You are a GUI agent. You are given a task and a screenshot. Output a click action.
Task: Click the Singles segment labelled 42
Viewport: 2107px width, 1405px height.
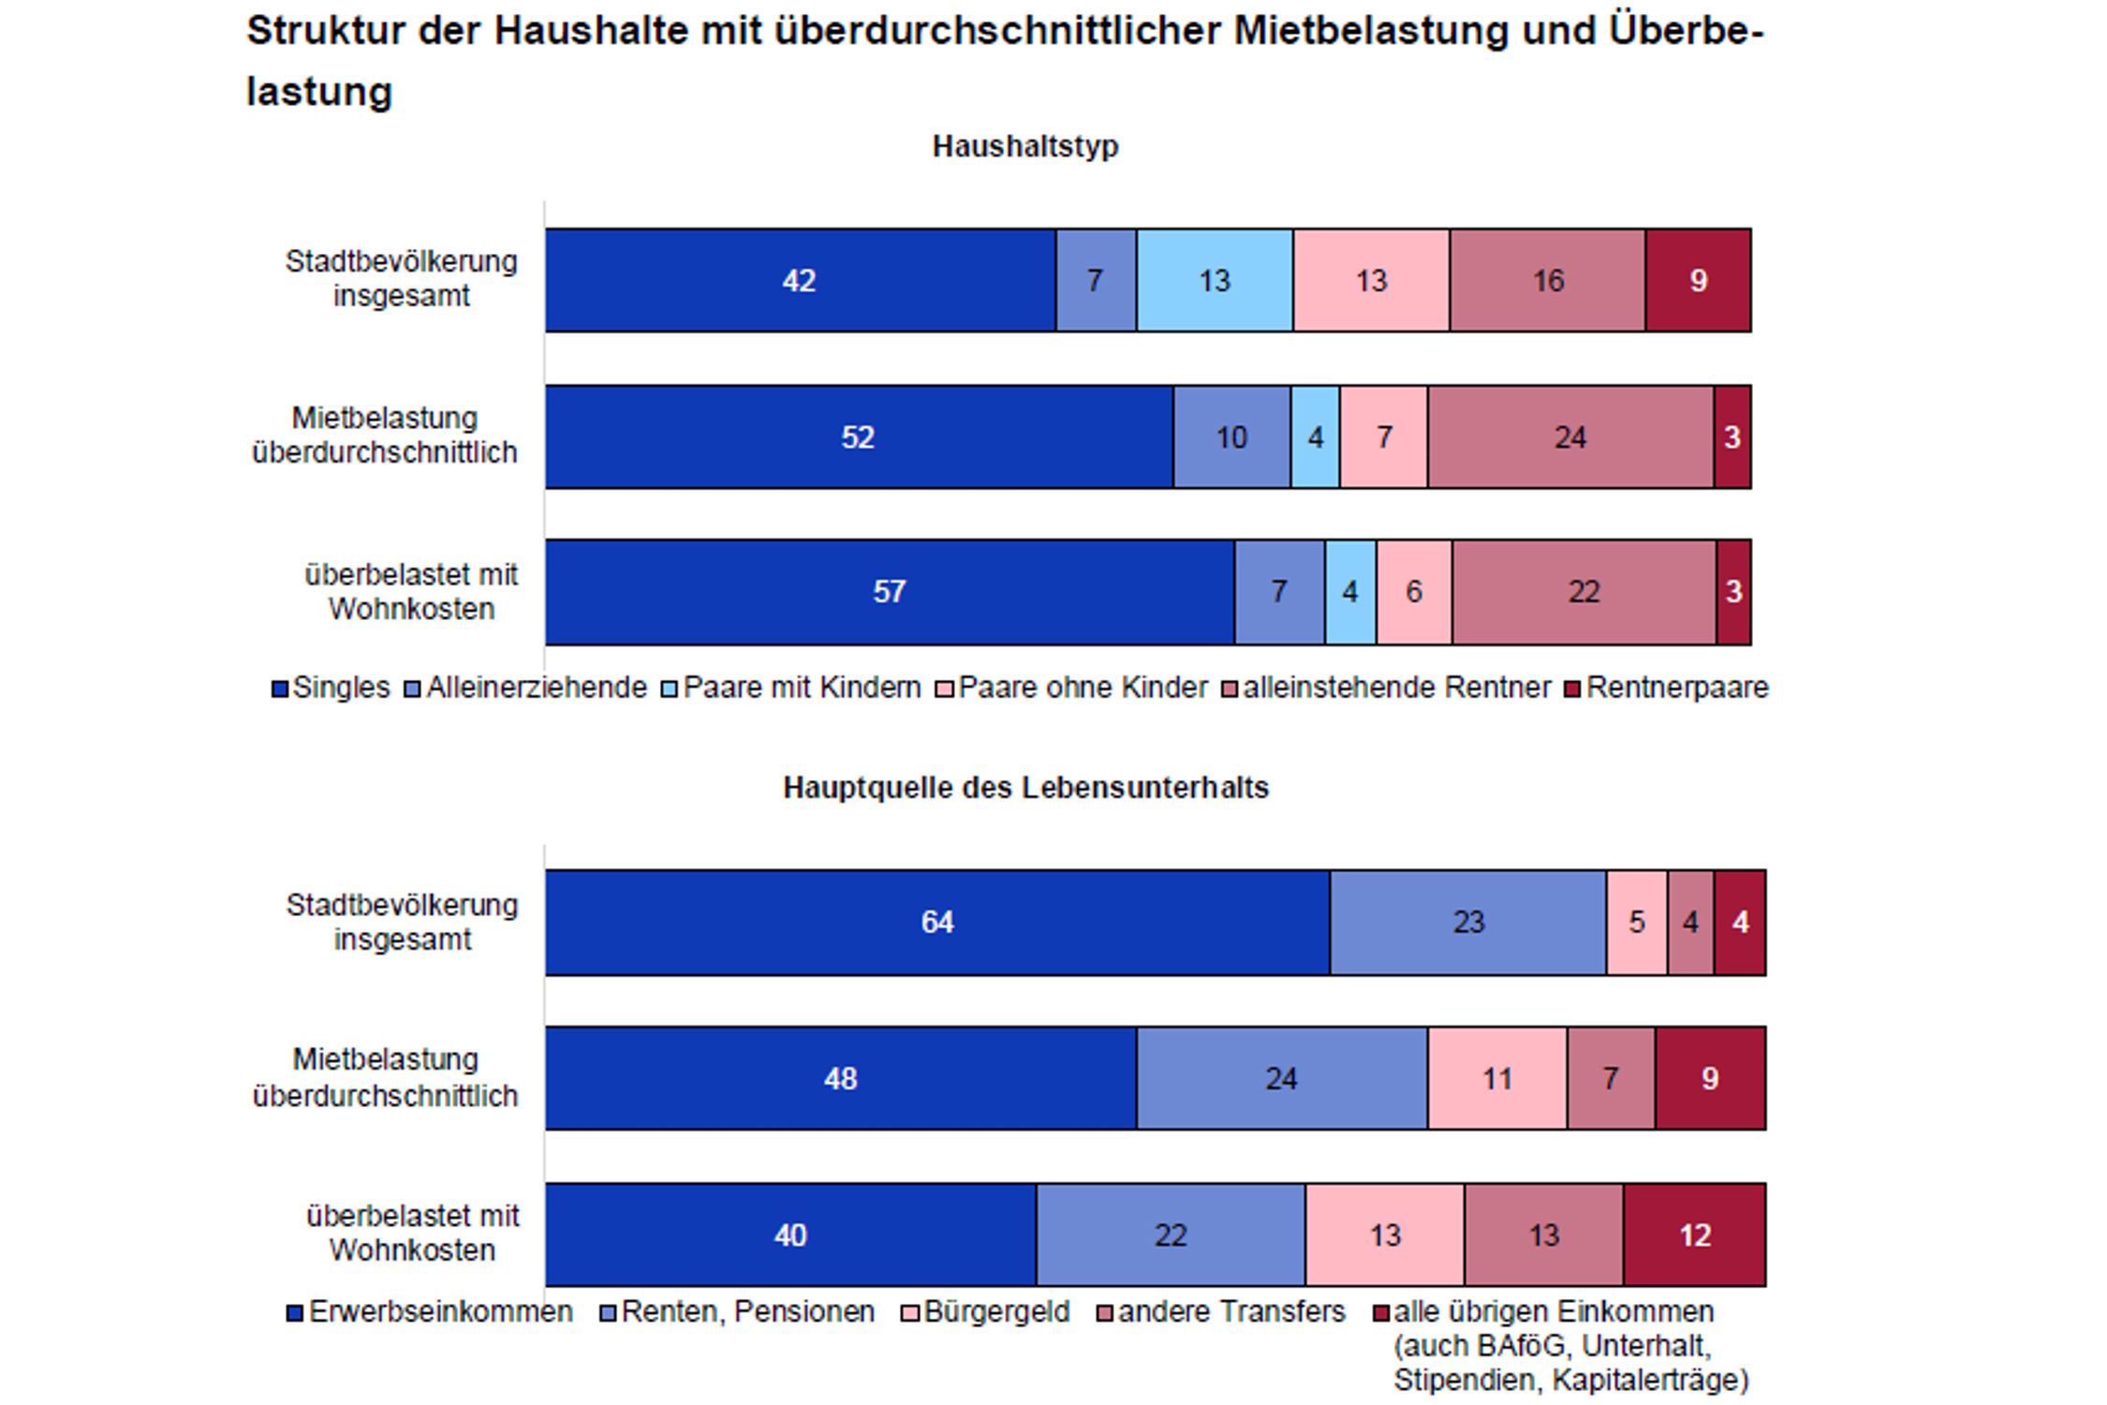point(800,280)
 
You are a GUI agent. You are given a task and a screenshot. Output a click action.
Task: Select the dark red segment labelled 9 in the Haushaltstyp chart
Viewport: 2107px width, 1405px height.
point(1698,280)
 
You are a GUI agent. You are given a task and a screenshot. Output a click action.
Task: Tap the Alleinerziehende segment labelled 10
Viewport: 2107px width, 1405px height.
point(1231,436)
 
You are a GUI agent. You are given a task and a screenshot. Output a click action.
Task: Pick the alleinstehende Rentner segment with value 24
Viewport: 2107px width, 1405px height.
point(1570,436)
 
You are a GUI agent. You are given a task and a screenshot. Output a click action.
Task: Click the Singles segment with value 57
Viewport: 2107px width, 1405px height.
point(889,592)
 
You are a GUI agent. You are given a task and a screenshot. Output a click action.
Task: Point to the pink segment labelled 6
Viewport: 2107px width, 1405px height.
point(1414,592)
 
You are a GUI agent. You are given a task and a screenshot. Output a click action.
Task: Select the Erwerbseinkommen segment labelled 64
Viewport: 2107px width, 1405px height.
point(936,923)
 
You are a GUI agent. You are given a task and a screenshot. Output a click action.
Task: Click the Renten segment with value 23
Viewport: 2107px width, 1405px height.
point(1467,923)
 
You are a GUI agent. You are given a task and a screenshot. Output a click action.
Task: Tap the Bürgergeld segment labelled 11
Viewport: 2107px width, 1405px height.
point(1496,1078)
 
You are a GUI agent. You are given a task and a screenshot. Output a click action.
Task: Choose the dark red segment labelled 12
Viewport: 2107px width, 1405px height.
point(1694,1235)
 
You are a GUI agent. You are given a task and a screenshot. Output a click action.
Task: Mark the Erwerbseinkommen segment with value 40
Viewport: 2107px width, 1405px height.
point(790,1235)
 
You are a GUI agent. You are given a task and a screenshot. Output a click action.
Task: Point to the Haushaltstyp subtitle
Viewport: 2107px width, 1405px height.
point(1025,146)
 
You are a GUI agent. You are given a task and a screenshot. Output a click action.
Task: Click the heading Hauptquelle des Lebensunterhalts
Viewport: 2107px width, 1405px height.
point(1025,788)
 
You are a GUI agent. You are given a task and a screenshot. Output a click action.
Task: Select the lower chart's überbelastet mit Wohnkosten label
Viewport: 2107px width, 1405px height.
point(412,1234)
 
